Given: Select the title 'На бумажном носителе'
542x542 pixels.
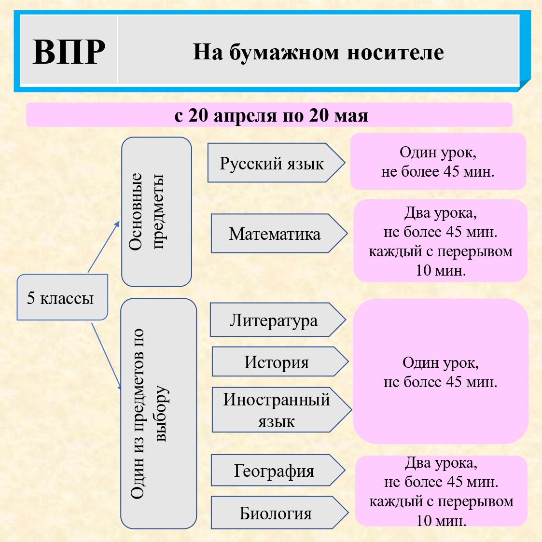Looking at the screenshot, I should pyautogui.click(x=318, y=52).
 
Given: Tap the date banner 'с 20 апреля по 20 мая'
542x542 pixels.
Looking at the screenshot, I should pyautogui.click(x=269, y=115).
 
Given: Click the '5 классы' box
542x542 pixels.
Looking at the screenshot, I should pyautogui.click(x=61, y=298).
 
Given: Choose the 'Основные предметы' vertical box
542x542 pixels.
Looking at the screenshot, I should pyautogui.click(x=156, y=211).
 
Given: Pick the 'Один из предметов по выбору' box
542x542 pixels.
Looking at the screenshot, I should pyautogui.click(x=158, y=413).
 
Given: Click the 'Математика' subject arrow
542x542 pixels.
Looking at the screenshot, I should pyautogui.click(x=275, y=234).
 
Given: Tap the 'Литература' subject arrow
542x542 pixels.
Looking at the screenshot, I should pyautogui.click(x=274, y=320).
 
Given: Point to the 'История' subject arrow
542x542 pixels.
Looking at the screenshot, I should pyautogui.click(x=277, y=362).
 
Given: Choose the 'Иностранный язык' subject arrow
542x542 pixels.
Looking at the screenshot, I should pyautogui.click(x=277, y=410).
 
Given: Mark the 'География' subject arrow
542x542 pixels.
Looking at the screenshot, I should pyautogui.click(x=274, y=471).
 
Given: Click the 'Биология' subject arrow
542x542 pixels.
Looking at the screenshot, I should pyautogui.click(x=276, y=513).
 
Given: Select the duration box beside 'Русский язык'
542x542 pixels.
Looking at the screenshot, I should pyautogui.click(x=438, y=162).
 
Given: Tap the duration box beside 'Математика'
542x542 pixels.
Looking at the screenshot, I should pyautogui.click(x=440, y=241).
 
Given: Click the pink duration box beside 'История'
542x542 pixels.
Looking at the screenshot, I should pyautogui.click(x=440, y=371).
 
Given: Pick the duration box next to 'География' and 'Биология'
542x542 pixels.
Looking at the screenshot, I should pyautogui.click(x=441, y=491).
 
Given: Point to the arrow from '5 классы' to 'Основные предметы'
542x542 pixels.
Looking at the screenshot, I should pyautogui.click(x=103, y=247).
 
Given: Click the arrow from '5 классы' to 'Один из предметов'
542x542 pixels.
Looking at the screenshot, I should pyautogui.click(x=106, y=355).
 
